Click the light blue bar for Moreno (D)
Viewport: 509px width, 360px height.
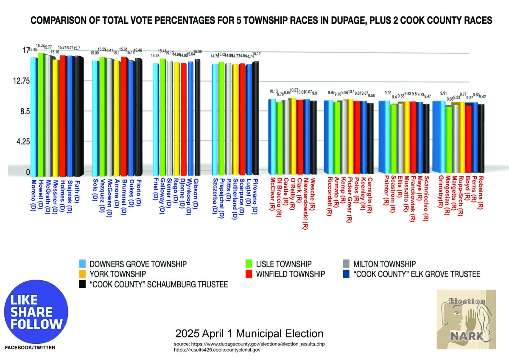34,117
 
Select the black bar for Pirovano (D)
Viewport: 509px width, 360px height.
255,119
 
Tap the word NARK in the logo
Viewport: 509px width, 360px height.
466,337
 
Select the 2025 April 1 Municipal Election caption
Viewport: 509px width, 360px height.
249,333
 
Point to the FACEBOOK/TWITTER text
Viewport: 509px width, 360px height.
30,348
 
